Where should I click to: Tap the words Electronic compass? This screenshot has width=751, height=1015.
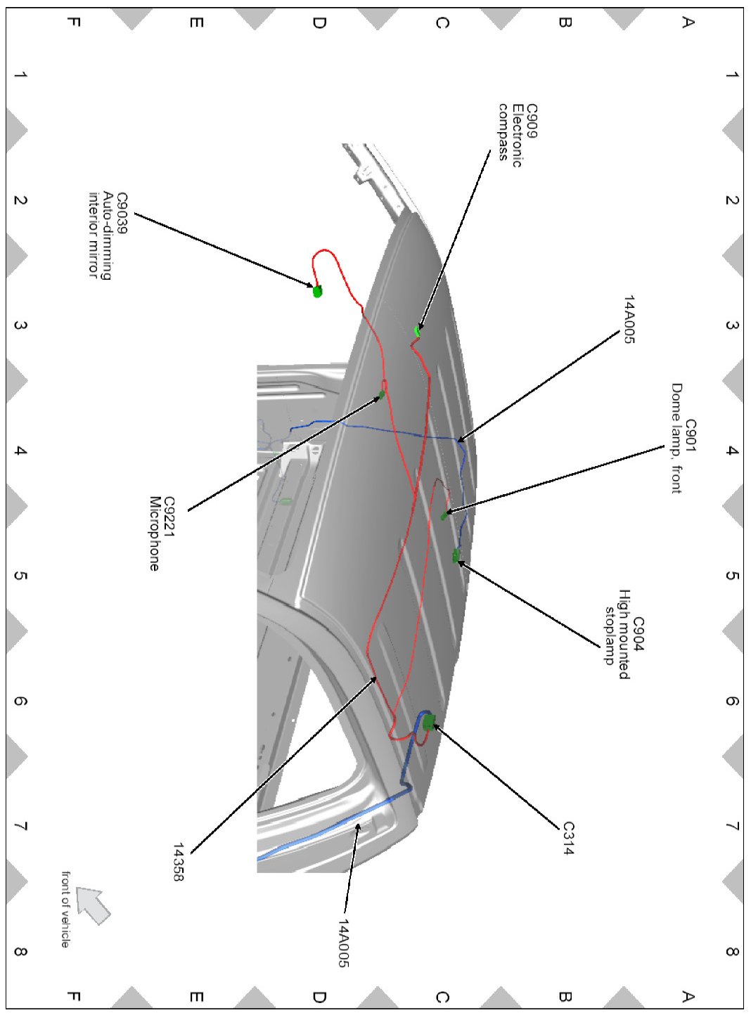(x=510, y=134)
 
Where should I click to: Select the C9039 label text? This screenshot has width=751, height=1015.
(x=122, y=212)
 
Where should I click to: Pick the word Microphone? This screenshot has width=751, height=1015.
(x=154, y=534)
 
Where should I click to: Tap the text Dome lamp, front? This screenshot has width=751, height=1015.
(x=676, y=438)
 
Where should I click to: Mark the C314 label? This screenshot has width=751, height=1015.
(x=568, y=838)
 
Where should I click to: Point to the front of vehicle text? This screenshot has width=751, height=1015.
(x=65, y=909)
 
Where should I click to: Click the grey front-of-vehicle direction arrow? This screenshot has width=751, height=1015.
(x=93, y=905)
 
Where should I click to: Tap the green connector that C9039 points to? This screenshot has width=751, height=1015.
(x=317, y=291)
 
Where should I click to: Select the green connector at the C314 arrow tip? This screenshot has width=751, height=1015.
(x=429, y=721)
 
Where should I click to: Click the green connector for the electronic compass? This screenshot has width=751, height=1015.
(x=418, y=330)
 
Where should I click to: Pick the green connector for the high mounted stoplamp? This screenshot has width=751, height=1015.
(x=456, y=557)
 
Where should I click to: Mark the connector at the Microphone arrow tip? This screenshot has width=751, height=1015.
(x=383, y=394)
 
